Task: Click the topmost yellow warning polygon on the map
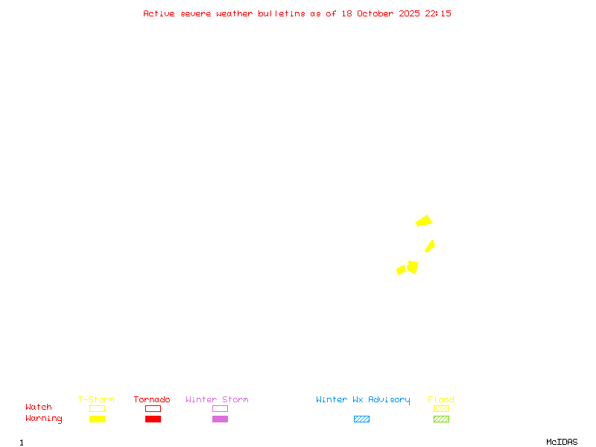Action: coord(424,221)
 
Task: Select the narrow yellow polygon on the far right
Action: coord(430,246)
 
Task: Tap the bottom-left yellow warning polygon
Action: coord(401,270)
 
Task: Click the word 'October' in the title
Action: coord(381,13)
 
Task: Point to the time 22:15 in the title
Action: coord(438,13)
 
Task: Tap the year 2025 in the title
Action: coord(409,13)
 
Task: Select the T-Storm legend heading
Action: coord(96,400)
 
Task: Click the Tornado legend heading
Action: coord(152,400)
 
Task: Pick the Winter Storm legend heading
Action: coord(217,400)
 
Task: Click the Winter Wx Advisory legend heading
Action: coord(363,400)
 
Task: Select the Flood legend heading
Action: coord(441,400)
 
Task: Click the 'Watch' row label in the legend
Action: coord(39,408)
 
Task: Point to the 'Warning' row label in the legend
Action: coord(44,419)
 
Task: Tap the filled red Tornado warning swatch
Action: coord(153,419)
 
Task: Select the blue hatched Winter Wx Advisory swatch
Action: coord(361,419)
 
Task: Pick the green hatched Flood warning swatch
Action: coord(441,419)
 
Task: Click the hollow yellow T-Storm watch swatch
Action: coord(97,408)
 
